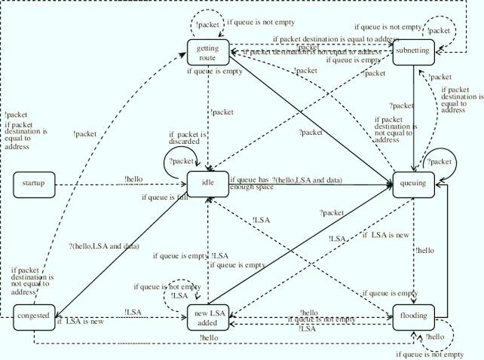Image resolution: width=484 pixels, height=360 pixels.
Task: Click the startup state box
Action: click(x=33, y=183)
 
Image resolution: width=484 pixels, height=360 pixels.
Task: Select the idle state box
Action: click(x=207, y=183)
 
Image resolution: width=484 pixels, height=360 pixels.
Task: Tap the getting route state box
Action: click(x=207, y=53)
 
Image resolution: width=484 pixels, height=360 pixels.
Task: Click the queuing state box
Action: click(x=414, y=183)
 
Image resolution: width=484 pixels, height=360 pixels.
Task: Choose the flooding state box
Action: click(x=414, y=316)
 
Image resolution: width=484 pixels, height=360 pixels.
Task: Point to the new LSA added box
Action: click(x=207, y=317)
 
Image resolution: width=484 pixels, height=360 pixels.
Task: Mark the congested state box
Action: click(x=33, y=316)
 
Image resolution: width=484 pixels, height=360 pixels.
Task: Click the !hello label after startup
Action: click(x=134, y=179)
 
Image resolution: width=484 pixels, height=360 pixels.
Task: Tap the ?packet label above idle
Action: click(x=181, y=161)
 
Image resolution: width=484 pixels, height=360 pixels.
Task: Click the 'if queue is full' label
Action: click(x=164, y=198)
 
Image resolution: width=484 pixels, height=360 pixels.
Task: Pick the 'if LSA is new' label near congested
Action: click(x=80, y=323)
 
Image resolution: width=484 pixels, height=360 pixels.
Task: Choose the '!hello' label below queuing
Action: click(x=424, y=250)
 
